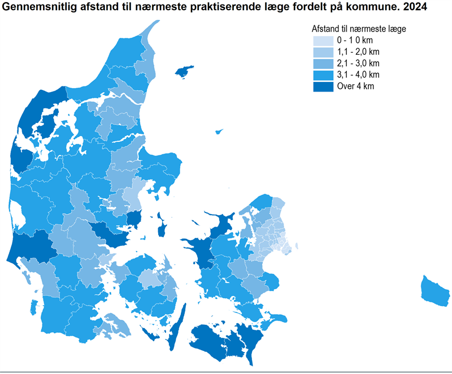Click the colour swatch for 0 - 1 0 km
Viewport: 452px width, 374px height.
(322, 41)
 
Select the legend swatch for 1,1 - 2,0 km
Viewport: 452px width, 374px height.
(322, 52)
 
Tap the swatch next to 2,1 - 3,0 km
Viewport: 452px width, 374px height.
(322, 63)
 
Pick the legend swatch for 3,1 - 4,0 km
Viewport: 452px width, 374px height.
(322, 75)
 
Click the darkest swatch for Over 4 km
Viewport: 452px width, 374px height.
(322, 86)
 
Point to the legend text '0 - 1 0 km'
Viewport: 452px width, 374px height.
(355, 41)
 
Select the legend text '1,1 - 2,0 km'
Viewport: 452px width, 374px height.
(358, 52)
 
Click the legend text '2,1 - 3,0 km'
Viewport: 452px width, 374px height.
(358, 63)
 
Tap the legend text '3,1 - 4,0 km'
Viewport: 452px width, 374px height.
(358, 75)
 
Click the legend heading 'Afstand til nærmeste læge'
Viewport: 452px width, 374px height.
(359, 28)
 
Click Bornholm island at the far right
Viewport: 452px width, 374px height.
(436, 290)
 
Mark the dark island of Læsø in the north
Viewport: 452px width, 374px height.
(184, 72)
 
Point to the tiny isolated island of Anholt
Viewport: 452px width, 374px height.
(219, 132)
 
